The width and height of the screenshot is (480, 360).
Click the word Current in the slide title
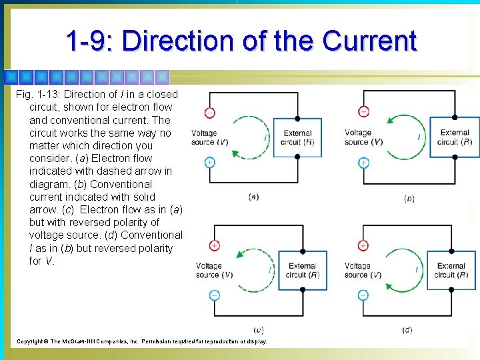pyautogui.click(x=369, y=41)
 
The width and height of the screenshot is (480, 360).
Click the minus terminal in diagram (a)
pyautogui.click(x=210, y=113)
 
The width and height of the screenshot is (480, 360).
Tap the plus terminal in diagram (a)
pyautogui.click(x=210, y=162)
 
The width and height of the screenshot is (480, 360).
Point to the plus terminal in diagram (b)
pyautogui.click(x=363, y=162)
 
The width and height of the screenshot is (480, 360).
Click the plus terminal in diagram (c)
pyautogui.click(x=214, y=245)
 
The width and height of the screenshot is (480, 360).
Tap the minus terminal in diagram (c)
pyautogui.click(x=214, y=295)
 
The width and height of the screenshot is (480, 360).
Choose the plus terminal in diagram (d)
pyautogui.click(x=363, y=245)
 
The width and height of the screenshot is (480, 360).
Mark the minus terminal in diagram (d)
pyautogui.click(x=363, y=295)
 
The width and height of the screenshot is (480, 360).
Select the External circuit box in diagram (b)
pyautogui.click(x=455, y=137)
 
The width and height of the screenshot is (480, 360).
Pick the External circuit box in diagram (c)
pyautogui.click(x=303, y=270)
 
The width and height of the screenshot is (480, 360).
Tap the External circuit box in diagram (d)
pyautogui.click(x=452, y=270)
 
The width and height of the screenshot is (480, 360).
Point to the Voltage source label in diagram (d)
pyautogui.click(x=363, y=270)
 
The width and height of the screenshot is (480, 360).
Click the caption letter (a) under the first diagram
pyautogui.click(x=253, y=197)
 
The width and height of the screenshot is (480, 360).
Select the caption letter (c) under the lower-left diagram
pyautogui.click(x=258, y=330)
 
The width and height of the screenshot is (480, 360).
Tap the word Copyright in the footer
pyautogui.click(x=31, y=341)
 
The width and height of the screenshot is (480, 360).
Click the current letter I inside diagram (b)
pyautogui.click(x=418, y=137)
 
